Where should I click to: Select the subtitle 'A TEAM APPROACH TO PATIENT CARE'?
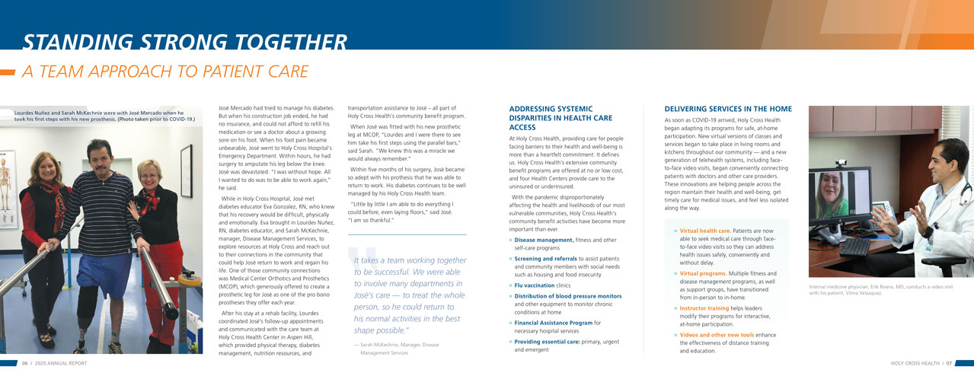tap(164, 72)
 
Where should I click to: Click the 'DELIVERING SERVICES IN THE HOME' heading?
tap(727, 109)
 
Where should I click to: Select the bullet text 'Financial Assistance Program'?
tap(552, 323)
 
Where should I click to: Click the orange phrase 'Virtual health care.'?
tap(705, 231)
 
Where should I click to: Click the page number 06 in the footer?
tap(25, 363)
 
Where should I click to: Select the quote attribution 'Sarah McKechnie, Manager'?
tap(396, 345)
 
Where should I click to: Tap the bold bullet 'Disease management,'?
tap(544, 240)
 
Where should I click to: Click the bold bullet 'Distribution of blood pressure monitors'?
tap(567, 296)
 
